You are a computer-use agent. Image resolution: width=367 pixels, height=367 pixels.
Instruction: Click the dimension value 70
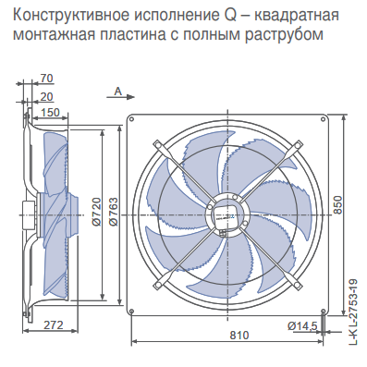click(47, 79)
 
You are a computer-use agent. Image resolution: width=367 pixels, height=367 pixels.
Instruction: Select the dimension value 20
click(47, 97)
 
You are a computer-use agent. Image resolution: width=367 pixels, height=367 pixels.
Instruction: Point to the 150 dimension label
click(49, 113)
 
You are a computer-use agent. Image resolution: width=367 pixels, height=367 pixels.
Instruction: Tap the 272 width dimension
click(53, 324)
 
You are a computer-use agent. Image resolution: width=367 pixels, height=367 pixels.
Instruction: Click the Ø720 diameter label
click(97, 212)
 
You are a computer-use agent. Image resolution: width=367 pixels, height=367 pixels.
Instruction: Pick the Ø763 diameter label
click(113, 212)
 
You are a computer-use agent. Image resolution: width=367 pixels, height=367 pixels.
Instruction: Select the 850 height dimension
click(337, 204)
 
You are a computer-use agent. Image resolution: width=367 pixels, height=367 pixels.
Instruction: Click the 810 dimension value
click(239, 335)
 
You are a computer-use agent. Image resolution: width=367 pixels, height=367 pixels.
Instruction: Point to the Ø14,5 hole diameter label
click(302, 325)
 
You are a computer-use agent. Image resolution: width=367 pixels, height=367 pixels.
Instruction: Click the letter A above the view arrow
click(118, 92)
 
